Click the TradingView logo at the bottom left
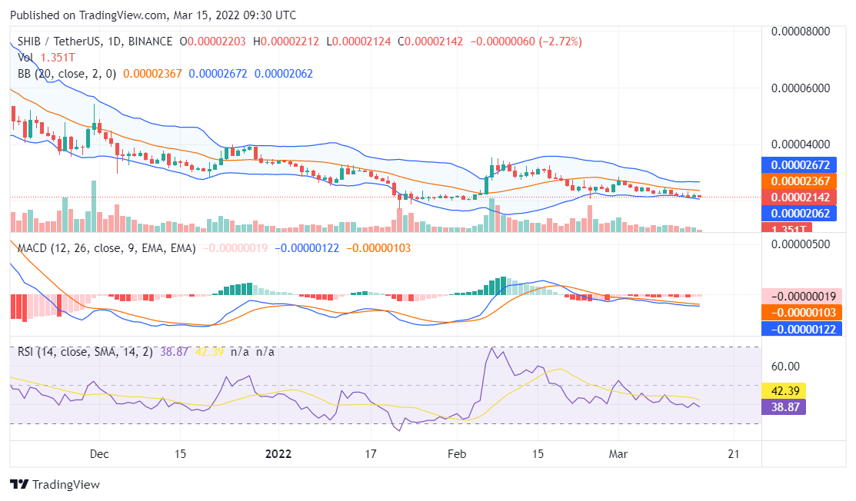coord(55,485)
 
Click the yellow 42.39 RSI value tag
coord(783,390)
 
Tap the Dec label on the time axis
coord(99,453)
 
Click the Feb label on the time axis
coord(457,453)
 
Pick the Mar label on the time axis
coord(618,453)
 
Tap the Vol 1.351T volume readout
coord(47,57)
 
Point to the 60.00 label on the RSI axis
coord(785,367)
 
